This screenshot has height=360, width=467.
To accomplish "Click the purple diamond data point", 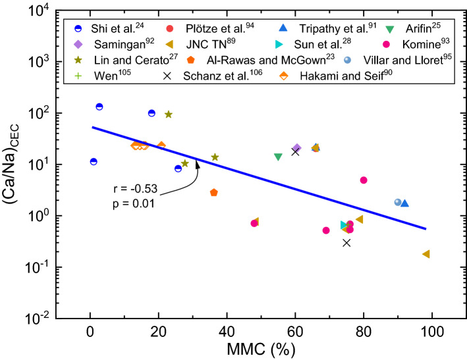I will point(296,148).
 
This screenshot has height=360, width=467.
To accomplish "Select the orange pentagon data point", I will point(213,192).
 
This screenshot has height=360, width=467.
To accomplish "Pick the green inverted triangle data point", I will point(278,157).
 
